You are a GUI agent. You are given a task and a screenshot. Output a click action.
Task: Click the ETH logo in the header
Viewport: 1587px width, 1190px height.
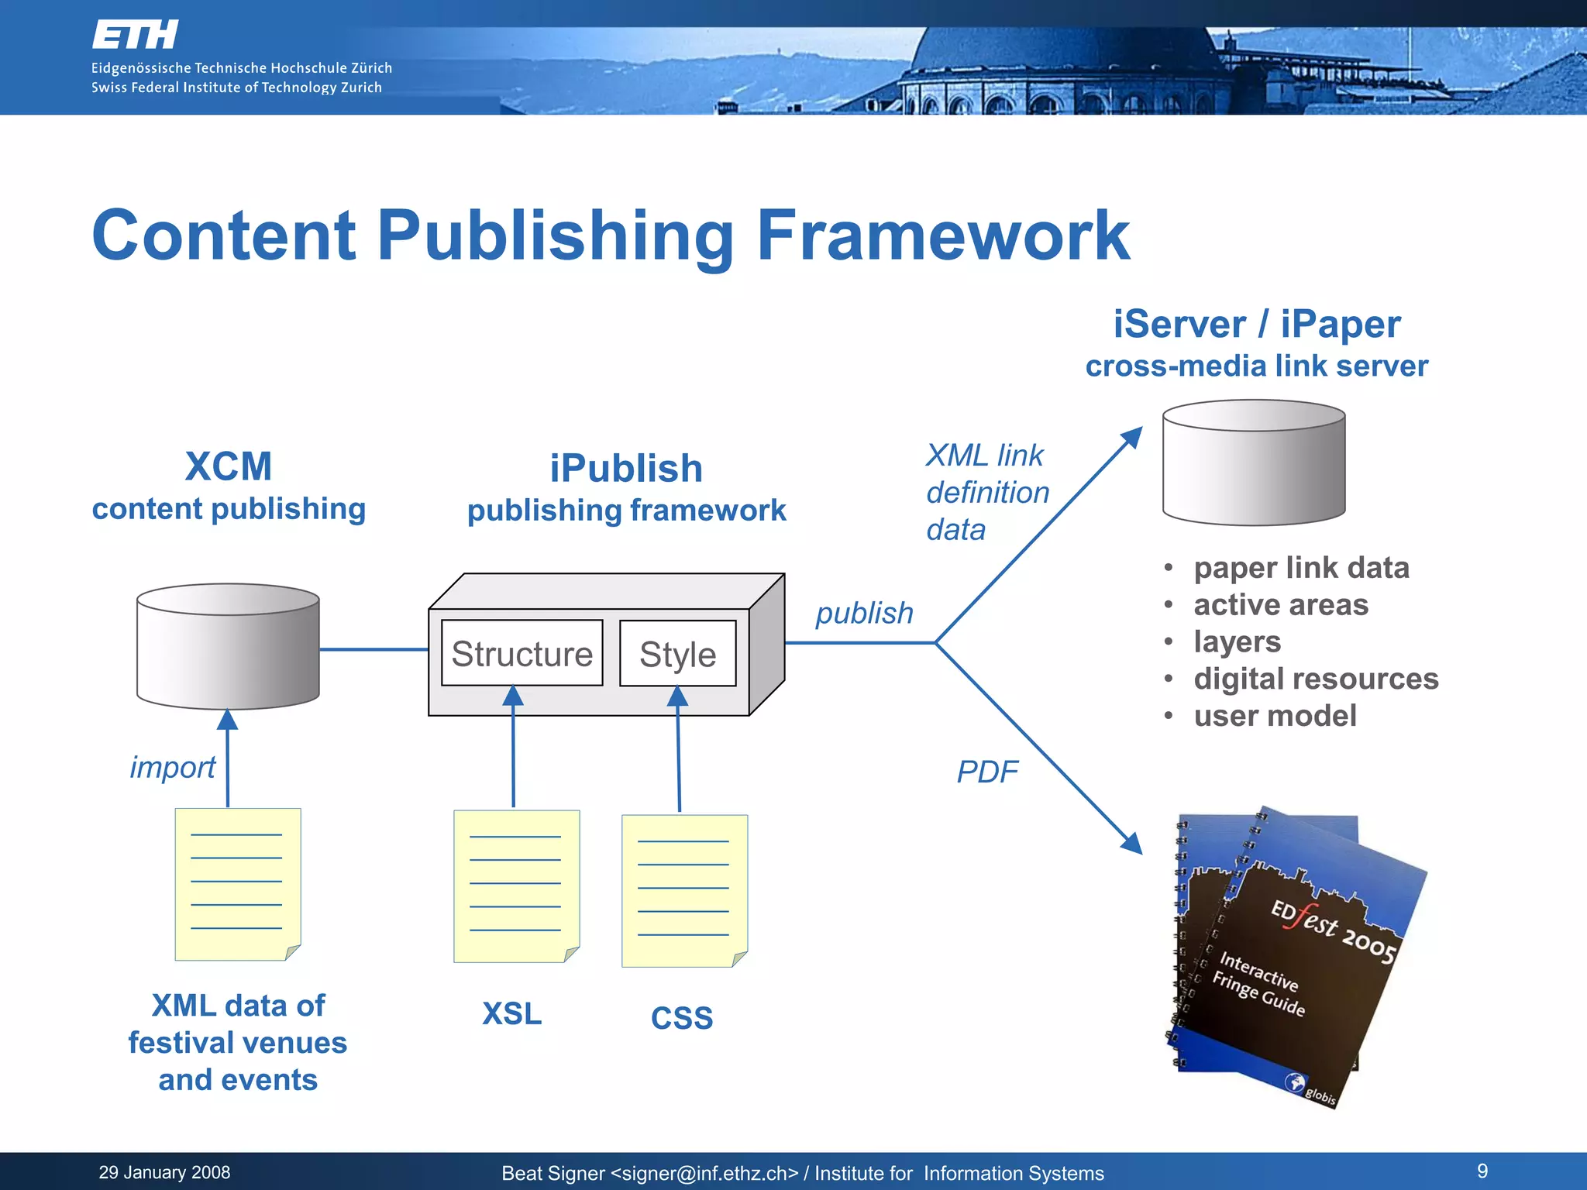(136, 35)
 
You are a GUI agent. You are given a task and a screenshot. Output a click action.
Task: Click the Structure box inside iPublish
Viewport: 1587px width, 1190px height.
(522, 653)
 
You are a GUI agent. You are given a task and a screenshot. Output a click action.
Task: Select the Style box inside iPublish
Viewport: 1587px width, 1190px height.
(677, 653)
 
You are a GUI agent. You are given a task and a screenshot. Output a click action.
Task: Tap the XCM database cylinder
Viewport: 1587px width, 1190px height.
(228, 647)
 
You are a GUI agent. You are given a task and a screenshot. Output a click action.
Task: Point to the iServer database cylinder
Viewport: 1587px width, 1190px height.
(1254, 463)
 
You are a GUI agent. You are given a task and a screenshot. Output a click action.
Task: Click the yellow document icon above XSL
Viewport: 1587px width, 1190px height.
(516, 886)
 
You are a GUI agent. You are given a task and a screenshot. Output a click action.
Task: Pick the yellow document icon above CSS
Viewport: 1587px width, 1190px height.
(684, 891)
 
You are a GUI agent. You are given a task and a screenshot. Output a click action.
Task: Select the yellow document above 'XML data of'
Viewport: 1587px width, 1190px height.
(237, 884)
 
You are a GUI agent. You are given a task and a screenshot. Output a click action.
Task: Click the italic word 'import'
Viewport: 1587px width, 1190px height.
(172, 767)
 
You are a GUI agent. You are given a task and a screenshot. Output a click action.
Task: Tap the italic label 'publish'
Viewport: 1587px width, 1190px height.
(864, 613)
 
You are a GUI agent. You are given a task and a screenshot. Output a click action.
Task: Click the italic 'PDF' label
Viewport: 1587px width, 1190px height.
(987, 772)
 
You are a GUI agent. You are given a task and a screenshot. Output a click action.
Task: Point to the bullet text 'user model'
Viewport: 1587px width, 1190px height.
(1275, 716)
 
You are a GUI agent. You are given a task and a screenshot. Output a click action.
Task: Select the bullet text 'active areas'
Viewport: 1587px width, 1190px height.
(1281, 604)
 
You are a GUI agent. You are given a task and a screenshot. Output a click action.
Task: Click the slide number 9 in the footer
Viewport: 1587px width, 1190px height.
(1482, 1171)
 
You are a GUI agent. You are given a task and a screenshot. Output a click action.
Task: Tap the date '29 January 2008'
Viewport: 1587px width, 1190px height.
(164, 1172)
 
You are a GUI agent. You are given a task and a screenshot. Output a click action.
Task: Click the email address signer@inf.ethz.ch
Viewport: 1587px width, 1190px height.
(704, 1174)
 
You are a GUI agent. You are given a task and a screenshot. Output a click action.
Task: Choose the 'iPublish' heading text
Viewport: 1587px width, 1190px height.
(626, 469)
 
